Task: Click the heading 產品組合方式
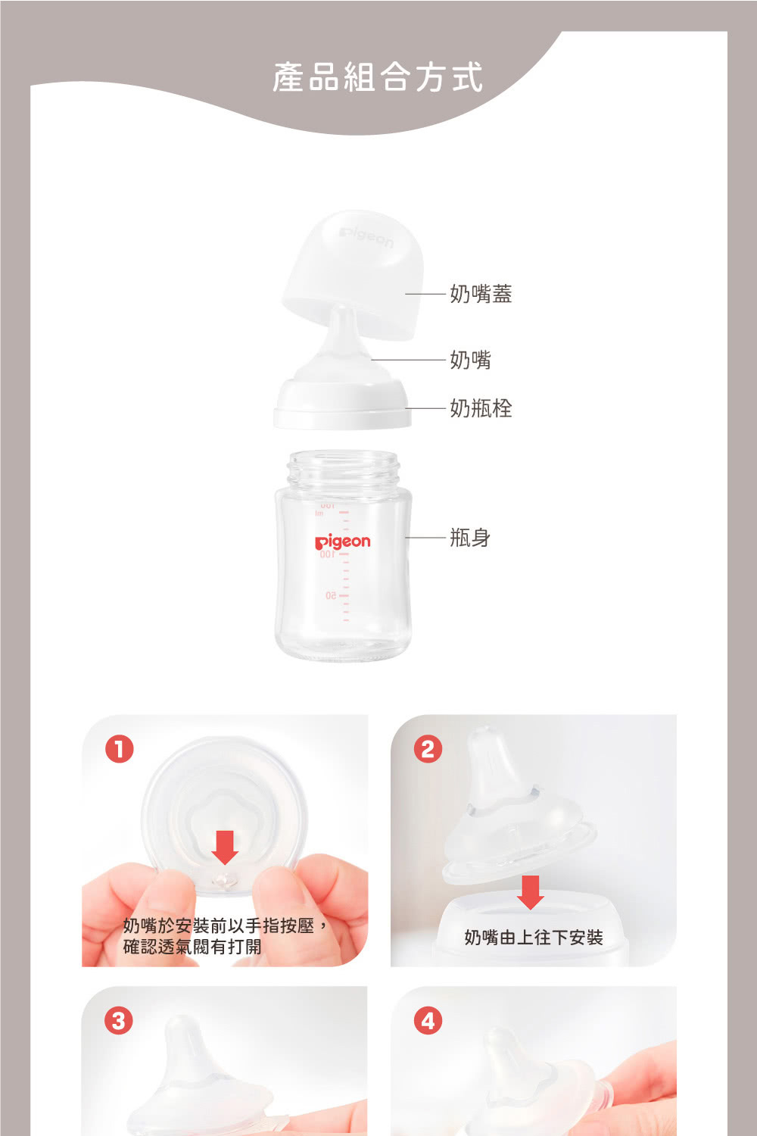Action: (x=378, y=77)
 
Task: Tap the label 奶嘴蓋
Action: (x=481, y=294)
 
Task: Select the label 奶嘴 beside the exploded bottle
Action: (x=470, y=360)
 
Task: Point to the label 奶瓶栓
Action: (x=481, y=407)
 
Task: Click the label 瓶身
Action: (x=470, y=537)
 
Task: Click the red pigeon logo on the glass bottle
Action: (x=343, y=542)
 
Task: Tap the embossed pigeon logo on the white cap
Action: (x=366, y=238)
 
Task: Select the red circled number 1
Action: (x=120, y=750)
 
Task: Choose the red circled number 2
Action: (x=428, y=750)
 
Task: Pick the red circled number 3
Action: (x=119, y=1021)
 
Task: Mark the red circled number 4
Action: (x=428, y=1021)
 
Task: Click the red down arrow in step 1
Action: (x=225, y=847)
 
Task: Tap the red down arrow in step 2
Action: (x=531, y=892)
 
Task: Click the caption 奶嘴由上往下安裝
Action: (x=534, y=938)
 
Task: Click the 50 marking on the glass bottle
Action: (x=331, y=595)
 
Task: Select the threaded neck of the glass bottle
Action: (x=343, y=469)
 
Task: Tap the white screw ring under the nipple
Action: (x=343, y=404)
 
